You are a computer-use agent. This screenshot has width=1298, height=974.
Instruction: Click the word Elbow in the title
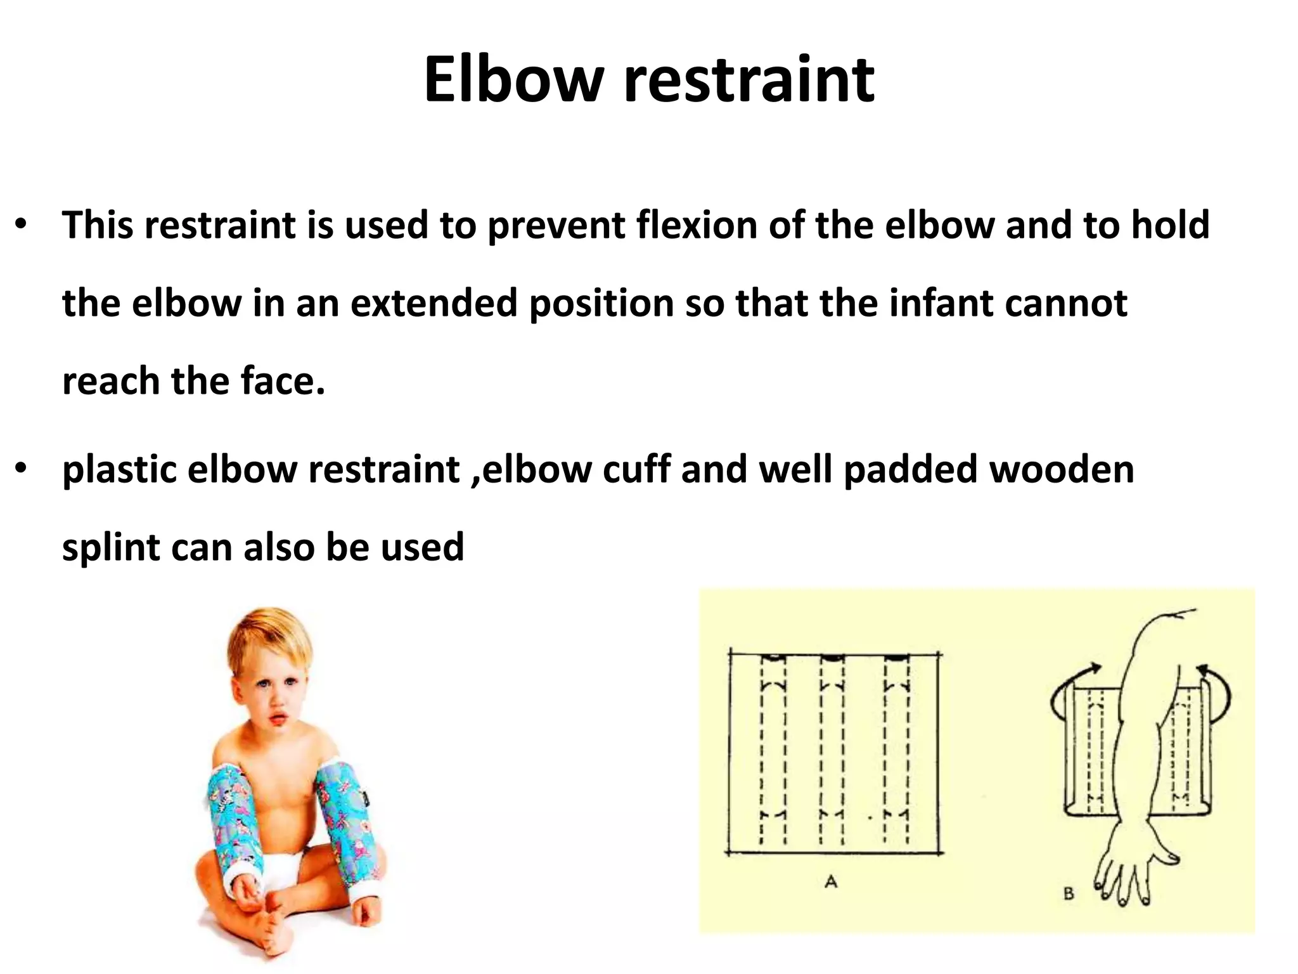pyautogui.click(x=513, y=81)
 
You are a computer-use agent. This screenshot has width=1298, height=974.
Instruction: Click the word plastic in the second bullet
pyautogui.click(x=119, y=470)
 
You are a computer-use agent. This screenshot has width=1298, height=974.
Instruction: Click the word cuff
pyautogui.click(x=636, y=470)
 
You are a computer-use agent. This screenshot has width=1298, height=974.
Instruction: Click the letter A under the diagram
pyautogui.click(x=831, y=881)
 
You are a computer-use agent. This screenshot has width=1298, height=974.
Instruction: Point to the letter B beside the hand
pyautogui.click(x=1069, y=894)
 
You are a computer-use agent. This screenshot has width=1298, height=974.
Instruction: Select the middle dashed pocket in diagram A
pyautogui.click(x=832, y=751)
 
